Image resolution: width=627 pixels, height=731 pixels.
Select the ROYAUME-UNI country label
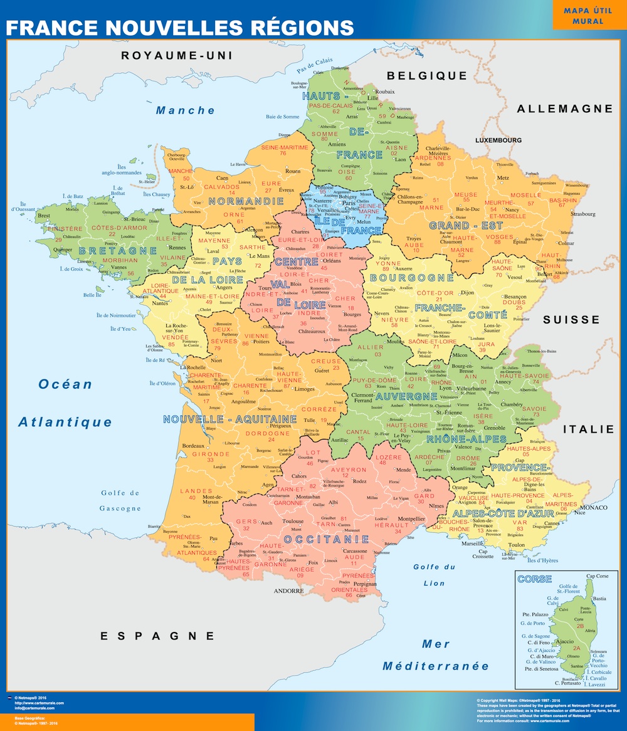177,56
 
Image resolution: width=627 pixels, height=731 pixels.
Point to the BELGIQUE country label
427,76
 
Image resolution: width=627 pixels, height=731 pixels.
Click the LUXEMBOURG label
498,140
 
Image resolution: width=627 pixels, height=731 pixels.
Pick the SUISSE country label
571,320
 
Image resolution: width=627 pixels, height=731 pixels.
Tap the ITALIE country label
589,429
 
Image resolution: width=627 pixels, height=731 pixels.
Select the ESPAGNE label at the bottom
157,636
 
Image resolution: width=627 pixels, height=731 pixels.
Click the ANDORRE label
288,591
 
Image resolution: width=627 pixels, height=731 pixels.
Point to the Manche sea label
186,110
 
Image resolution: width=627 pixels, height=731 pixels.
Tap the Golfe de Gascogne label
120,500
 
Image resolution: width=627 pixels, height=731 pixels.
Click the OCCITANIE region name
326,539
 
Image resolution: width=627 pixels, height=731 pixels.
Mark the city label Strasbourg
582,214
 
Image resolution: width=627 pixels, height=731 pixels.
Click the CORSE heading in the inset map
534,579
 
